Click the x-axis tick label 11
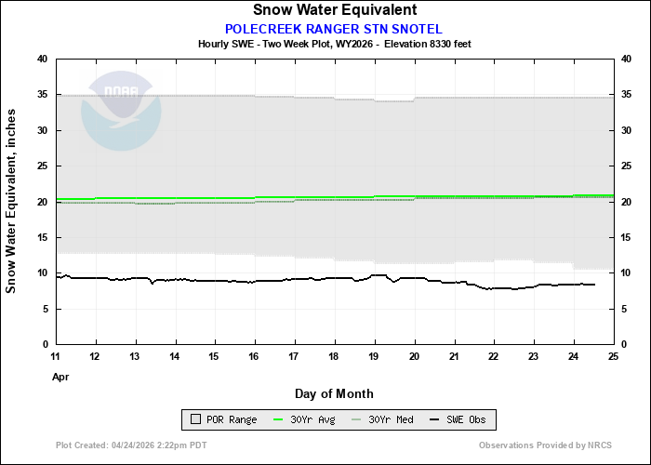pyautogui.click(x=56, y=357)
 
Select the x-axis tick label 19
pyautogui.click(x=374, y=357)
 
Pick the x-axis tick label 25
pyautogui.click(x=612, y=357)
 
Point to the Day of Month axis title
pyautogui.click(x=334, y=394)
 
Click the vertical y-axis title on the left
pyautogui.click(x=12, y=201)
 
